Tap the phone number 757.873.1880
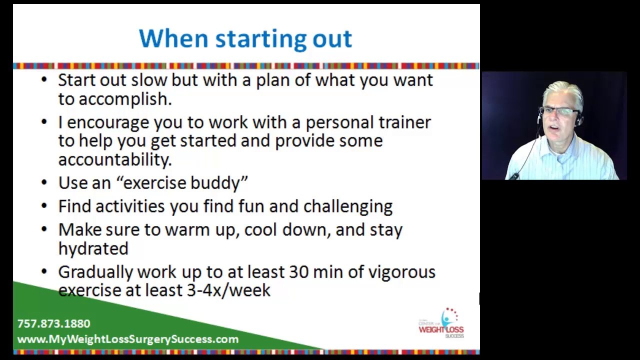click(53, 323)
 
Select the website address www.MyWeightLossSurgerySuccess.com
click(127, 339)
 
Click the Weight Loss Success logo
click(441, 323)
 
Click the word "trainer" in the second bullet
click(404, 122)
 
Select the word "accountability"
click(115, 159)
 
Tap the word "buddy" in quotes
click(219, 183)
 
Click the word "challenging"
click(348, 206)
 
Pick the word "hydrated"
click(93, 248)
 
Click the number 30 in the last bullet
click(299, 272)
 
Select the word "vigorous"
click(402, 272)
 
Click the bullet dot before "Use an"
click(44, 183)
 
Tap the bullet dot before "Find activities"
click(44, 206)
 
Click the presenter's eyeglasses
click(559, 111)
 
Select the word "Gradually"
click(95, 272)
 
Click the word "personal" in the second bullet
click(340, 123)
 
